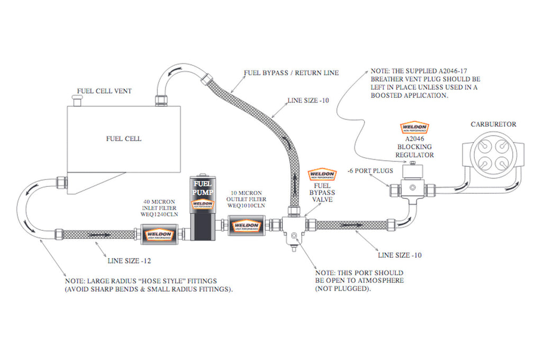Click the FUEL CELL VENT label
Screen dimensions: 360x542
point(104,91)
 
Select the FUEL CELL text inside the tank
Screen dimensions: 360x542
point(123,139)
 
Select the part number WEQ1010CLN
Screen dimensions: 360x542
point(245,205)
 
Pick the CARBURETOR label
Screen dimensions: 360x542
point(493,124)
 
